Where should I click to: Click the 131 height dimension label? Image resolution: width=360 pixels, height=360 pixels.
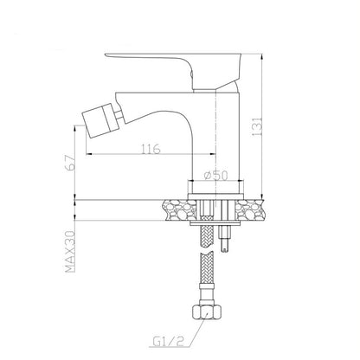[257, 126]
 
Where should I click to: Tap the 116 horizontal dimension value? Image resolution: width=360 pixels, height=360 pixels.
[151, 149]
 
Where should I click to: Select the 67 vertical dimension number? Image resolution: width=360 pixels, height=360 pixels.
[71, 164]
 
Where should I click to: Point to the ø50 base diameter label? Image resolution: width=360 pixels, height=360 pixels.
[215, 175]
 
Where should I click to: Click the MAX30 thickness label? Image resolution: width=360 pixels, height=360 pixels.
[70, 252]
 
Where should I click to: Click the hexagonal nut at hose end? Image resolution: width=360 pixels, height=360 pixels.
[207, 312]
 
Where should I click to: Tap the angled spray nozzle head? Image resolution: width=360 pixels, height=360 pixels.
[98, 120]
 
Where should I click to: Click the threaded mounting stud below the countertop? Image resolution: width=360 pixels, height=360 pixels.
[226, 239]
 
